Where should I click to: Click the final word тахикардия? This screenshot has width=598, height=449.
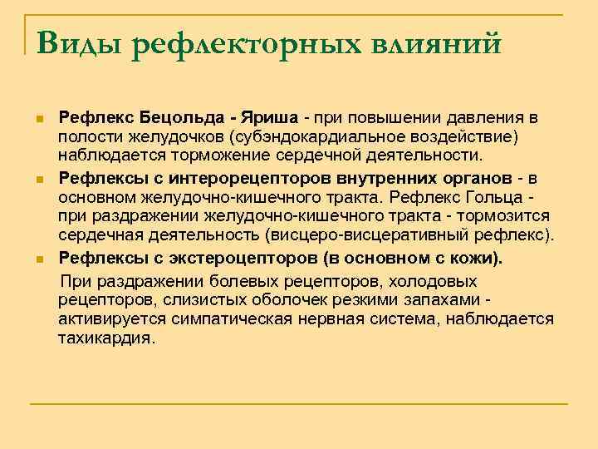pos(105,338)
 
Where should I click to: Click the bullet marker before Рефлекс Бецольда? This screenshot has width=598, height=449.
pos(40,117)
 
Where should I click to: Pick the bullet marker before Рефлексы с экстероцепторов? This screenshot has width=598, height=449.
pos(40,259)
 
